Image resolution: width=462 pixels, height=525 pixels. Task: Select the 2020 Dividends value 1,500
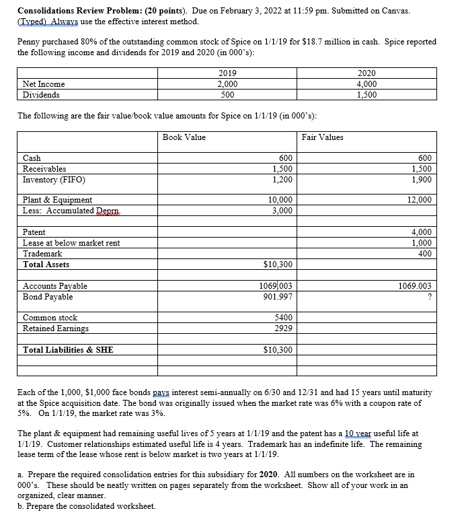point(366,95)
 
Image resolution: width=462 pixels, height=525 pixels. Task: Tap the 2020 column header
point(367,73)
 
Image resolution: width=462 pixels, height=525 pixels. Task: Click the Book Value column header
point(184,137)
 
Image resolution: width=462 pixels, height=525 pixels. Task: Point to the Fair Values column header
point(322,137)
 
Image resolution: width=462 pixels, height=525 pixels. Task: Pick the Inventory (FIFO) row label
point(54,180)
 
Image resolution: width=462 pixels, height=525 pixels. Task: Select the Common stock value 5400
point(281,318)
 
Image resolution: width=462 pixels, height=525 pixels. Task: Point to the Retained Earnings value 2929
point(282,328)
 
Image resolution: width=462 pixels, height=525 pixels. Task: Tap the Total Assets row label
point(45,265)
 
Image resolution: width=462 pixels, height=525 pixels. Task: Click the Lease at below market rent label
point(71,243)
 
